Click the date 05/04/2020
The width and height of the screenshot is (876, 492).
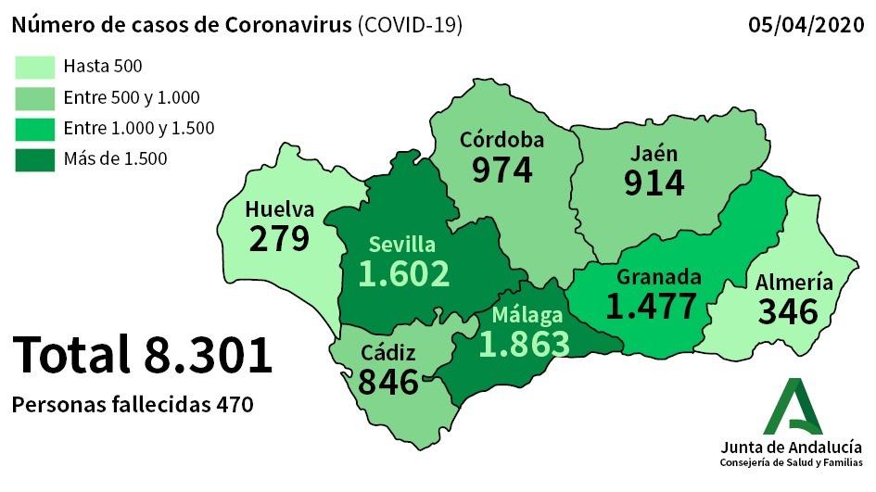tap(806, 25)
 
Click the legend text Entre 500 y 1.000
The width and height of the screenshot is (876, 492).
tap(132, 97)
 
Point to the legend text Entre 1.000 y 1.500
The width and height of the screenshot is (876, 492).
tap(139, 128)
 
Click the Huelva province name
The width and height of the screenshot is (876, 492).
tap(279, 209)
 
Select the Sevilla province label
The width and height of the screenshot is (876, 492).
tap(401, 245)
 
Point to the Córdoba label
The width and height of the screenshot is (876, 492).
tap(502, 141)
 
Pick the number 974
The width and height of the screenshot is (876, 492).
tap(502, 170)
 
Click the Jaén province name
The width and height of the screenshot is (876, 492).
tap(654, 153)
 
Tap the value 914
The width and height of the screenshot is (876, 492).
tap(654, 183)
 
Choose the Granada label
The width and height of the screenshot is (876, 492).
tap(659, 277)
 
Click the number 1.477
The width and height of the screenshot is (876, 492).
tap(651, 306)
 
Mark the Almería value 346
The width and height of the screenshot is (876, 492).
tap(788, 311)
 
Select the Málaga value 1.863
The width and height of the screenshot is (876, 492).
tap(524, 343)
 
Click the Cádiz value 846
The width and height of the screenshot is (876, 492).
tap(388, 381)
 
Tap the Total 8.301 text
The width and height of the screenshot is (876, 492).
tap(143, 355)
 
